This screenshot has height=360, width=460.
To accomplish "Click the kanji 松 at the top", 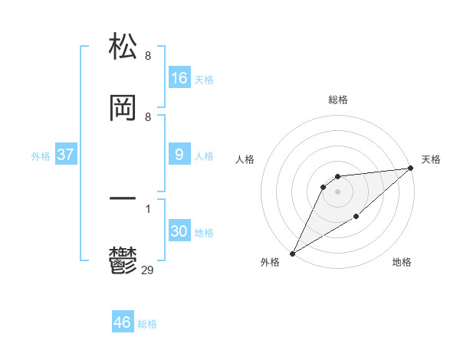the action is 123,47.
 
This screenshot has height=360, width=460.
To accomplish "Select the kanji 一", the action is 123,198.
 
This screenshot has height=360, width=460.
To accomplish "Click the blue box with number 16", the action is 179,78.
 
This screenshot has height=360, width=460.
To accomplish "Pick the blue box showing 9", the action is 179,155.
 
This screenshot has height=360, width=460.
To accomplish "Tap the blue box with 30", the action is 179,231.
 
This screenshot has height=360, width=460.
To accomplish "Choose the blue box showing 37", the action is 66,155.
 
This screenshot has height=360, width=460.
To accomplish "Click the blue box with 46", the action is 123,322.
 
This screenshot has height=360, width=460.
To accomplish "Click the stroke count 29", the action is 148,270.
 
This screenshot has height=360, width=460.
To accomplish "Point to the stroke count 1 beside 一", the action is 148,208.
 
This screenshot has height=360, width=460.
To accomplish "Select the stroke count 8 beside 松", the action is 148,56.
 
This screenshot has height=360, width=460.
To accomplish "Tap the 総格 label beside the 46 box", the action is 147,324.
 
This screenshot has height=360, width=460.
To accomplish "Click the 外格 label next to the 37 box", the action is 41,156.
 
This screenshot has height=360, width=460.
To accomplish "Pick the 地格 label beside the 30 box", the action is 204,233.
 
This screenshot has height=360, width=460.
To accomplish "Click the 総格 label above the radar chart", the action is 338,100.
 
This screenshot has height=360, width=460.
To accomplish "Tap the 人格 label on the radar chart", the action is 245,159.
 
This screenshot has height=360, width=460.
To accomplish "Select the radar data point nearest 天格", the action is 410,169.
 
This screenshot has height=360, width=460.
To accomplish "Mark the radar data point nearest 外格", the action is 292,253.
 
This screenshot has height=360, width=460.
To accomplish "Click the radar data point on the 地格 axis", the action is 357,218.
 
